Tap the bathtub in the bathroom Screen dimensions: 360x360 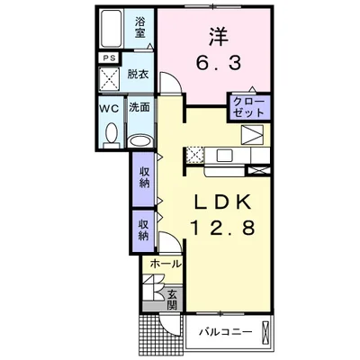(112, 29)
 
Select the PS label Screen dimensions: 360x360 (109, 59)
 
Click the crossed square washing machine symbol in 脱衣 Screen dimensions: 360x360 (111, 76)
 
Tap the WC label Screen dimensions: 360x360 (107, 107)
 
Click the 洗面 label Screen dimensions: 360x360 (139, 107)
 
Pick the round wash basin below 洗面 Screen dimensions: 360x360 (139, 139)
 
